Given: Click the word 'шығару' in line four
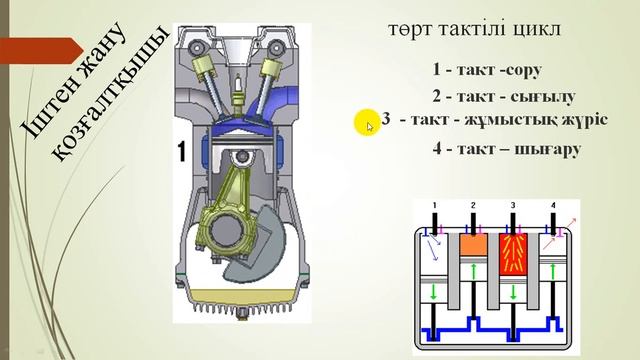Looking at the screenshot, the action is click(x=548, y=149).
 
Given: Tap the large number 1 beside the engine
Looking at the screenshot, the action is click(x=181, y=153).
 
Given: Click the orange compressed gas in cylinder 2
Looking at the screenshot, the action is click(x=472, y=243).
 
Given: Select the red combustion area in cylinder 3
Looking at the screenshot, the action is click(x=512, y=255).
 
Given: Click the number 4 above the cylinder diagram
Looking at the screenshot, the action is click(x=552, y=206).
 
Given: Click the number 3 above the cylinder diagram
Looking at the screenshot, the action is click(x=512, y=206).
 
